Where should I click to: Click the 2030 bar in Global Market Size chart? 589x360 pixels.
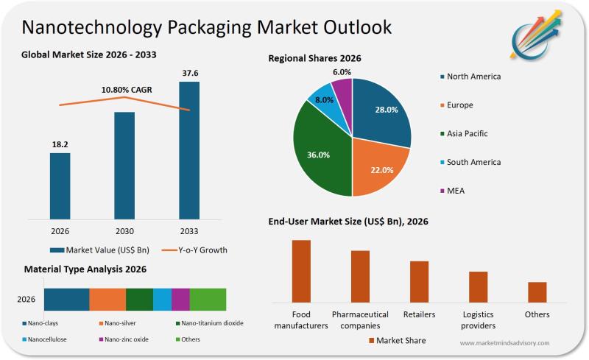[124, 165]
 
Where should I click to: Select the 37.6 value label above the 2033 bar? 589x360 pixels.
[189, 72]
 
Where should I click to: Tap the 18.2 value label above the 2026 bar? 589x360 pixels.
[60, 144]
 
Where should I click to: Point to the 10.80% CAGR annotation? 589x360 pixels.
[126, 90]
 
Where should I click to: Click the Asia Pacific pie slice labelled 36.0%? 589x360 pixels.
[318, 155]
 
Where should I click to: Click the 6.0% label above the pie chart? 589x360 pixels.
[342, 72]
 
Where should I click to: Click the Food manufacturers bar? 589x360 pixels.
[301, 270]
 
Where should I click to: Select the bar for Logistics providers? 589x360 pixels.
[479, 286]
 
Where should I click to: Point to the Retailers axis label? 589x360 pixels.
[419, 314]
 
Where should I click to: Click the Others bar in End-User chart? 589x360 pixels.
[537, 292]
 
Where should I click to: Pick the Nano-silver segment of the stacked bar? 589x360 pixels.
[107, 300]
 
